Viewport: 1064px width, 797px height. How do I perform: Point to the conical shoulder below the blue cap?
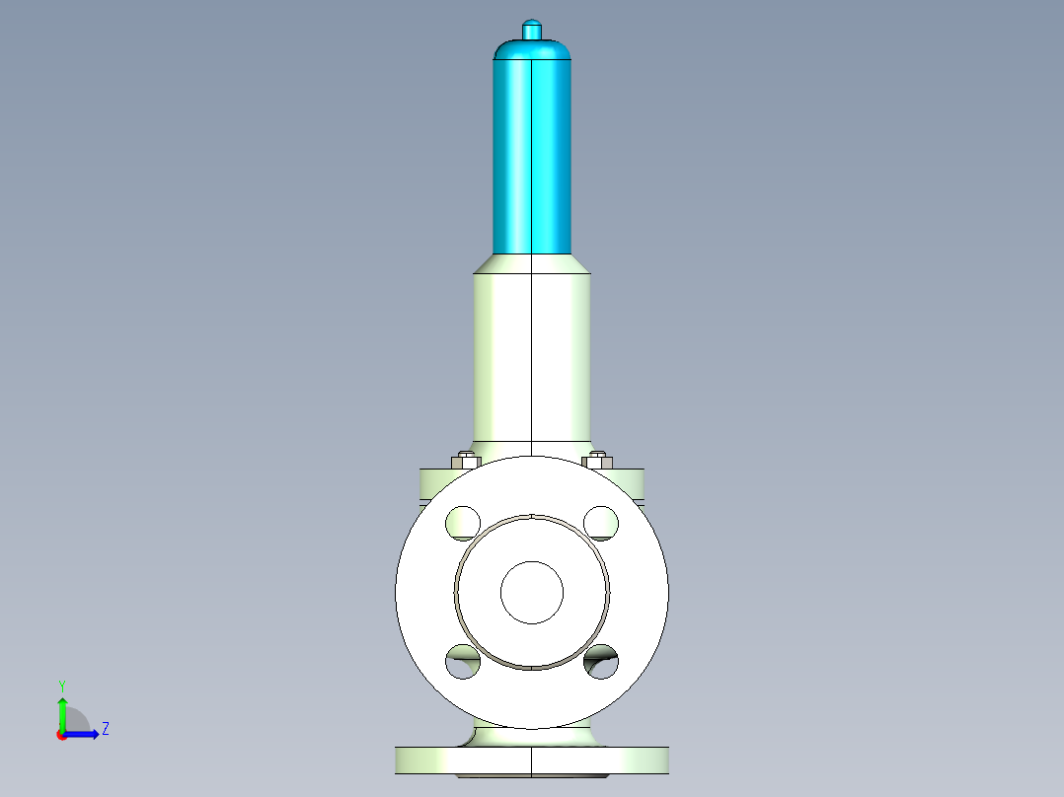tap(531, 263)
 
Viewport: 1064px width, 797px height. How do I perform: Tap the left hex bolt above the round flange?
tap(464, 460)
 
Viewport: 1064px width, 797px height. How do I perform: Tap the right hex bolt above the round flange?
tap(597, 460)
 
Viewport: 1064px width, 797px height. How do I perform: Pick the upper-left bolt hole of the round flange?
tap(462, 522)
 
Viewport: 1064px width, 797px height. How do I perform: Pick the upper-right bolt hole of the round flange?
tap(600, 522)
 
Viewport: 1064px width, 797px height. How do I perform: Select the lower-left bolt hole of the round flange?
tap(462, 662)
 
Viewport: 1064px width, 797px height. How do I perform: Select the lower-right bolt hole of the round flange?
tap(600, 662)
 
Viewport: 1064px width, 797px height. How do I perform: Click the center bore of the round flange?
tap(531, 592)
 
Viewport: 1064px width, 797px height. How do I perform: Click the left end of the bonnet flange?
tap(428, 482)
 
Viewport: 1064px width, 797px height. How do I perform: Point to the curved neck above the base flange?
tap(533, 736)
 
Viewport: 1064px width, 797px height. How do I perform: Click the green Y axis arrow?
tap(61, 710)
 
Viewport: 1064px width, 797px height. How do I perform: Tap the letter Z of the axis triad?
tap(105, 729)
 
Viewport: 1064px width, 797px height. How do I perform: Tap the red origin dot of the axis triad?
tap(61, 735)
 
